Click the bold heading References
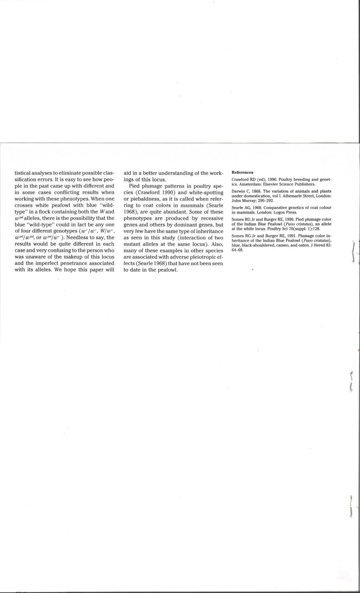242,172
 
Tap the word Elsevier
270,184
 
